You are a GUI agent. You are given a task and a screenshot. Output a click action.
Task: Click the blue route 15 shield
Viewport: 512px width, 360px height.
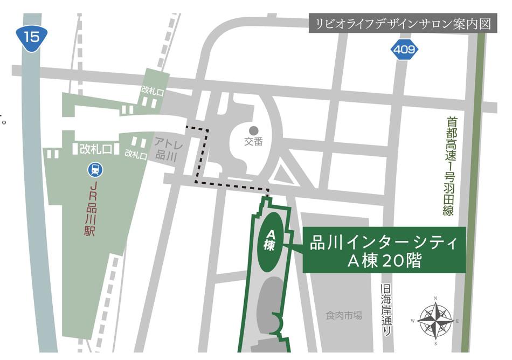[31, 37]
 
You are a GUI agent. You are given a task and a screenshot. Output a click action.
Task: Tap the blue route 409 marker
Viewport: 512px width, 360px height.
[404, 50]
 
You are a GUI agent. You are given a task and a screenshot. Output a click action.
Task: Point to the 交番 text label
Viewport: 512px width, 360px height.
[253, 142]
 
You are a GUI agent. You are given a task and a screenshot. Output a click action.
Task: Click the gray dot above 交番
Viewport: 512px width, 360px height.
[253, 130]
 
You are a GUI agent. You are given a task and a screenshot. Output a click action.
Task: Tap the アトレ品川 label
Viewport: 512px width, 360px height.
[162, 149]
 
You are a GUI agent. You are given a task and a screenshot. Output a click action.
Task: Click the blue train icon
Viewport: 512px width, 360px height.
[95, 170]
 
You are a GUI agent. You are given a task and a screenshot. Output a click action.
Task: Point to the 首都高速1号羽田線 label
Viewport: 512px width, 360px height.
[448, 167]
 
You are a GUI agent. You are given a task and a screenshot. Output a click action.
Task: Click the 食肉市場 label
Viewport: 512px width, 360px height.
[344, 315]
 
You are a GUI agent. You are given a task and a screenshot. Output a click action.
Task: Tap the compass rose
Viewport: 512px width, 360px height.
[435, 320]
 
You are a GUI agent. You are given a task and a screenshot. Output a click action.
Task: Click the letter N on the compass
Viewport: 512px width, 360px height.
[435, 299]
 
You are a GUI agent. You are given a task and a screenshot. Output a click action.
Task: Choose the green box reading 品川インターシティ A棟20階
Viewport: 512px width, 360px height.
[384, 251]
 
